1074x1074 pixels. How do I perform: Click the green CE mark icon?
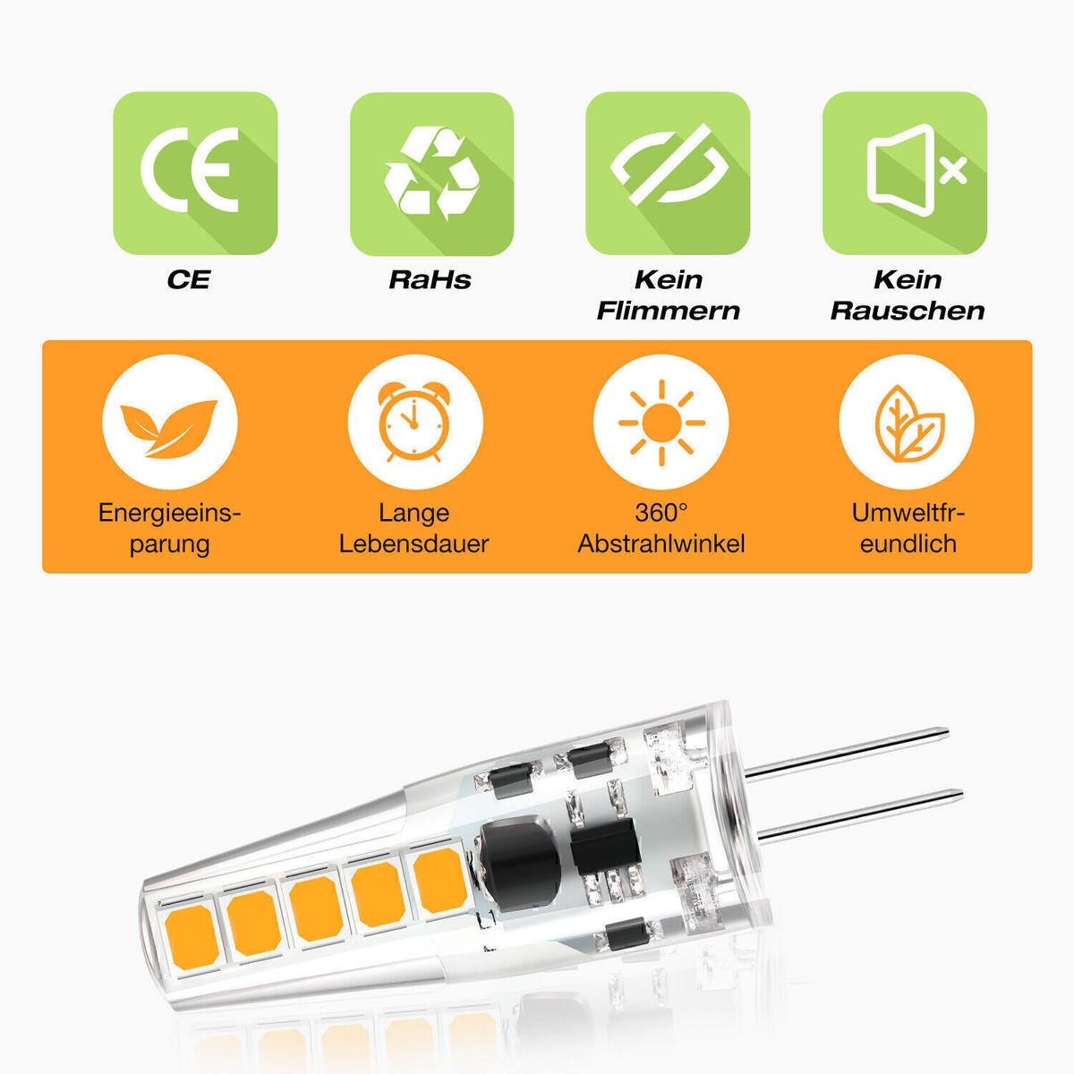pyautogui.click(x=195, y=174)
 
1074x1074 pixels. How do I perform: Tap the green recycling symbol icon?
pyautogui.click(x=432, y=174)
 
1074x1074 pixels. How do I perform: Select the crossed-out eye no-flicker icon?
pyautogui.click(x=668, y=174)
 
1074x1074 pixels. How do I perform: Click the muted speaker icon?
pyautogui.click(x=905, y=174)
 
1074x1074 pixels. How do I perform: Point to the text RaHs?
pyautogui.click(x=430, y=280)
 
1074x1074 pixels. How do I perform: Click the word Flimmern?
pyautogui.click(x=669, y=311)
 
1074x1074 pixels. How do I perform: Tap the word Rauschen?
pyautogui.click(x=908, y=311)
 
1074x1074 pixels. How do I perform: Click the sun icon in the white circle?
pyautogui.click(x=661, y=422)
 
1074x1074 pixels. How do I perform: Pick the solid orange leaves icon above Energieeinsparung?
pyautogui.click(x=169, y=428)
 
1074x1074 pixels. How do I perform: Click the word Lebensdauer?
pyautogui.click(x=414, y=544)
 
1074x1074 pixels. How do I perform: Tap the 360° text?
pyautogui.click(x=661, y=513)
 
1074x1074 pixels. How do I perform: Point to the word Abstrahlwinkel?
pyautogui.click(x=661, y=544)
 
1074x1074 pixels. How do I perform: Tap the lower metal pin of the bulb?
pyautogui.click(x=862, y=817)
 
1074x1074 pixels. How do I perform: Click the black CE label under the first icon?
pyautogui.click(x=188, y=280)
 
